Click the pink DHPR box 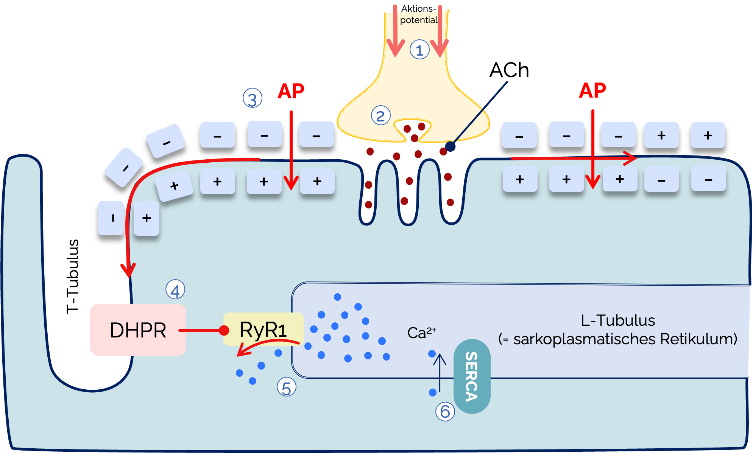(x=138, y=330)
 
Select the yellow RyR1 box (x=263, y=329)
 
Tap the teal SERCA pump (x=472, y=376)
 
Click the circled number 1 (x=419, y=50)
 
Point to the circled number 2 (x=380, y=116)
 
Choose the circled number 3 (x=253, y=98)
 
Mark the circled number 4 (x=175, y=290)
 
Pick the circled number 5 (x=287, y=387)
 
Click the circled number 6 (x=445, y=411)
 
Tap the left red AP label (x=291, y=91)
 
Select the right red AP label (x=592, y=90)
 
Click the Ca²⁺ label (x=421, y=333)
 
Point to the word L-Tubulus (x=618, y=320)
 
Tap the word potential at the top (x=418, y=20)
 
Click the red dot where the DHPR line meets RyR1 (x=224, y=330)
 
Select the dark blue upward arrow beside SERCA (x=440, y=373)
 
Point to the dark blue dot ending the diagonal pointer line (x=450, y=146)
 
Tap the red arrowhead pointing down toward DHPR (x=128, y=270)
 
